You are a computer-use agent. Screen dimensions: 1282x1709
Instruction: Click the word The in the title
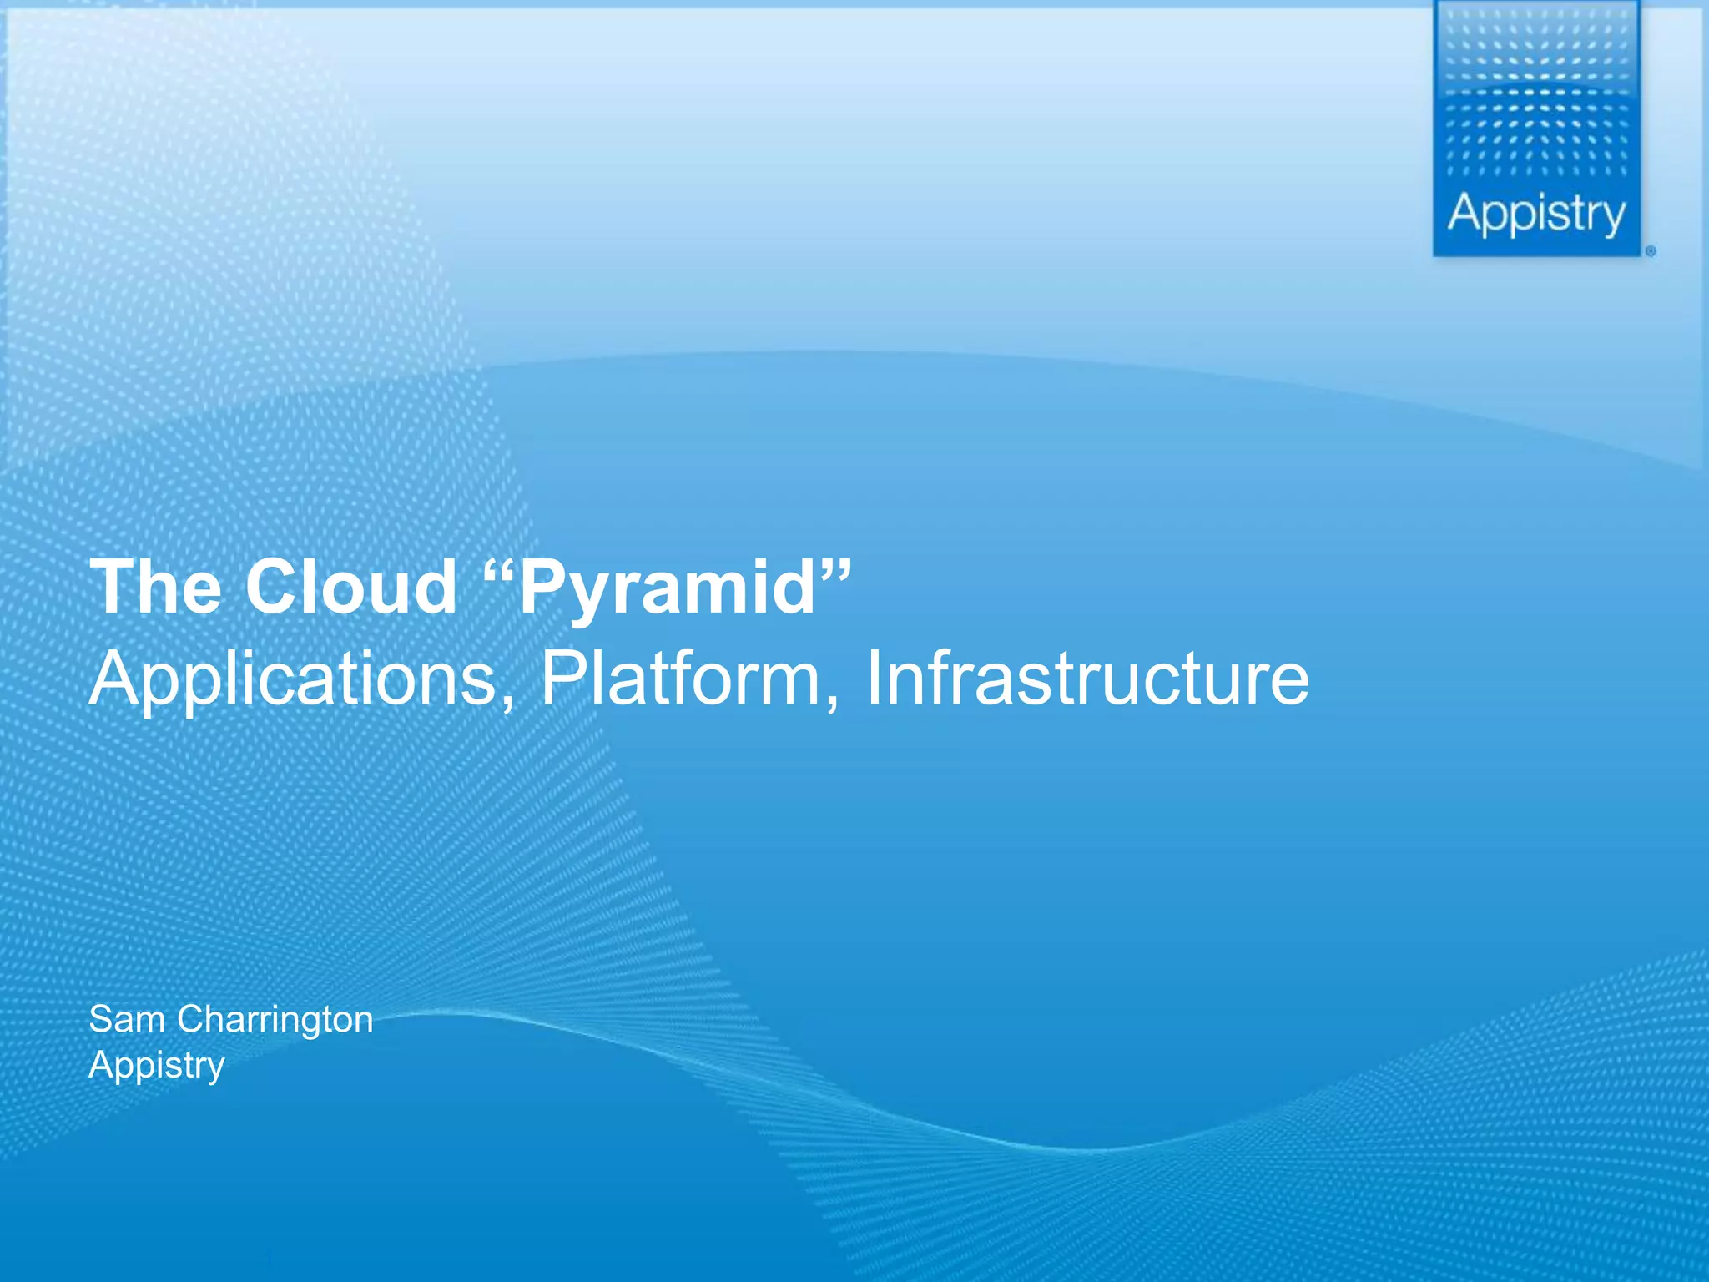click(156, 587)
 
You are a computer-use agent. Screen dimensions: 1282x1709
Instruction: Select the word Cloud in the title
click(351, 587)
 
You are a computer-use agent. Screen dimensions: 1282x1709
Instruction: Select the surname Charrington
click(275, 1020)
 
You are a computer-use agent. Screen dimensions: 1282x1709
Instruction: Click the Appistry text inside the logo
click(1536, 214)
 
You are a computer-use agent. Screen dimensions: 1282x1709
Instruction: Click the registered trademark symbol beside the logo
click(1651, 251)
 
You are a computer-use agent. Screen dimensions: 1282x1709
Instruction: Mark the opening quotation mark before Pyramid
click(499, 569)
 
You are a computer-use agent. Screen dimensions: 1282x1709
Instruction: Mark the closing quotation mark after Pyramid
click(836, 569)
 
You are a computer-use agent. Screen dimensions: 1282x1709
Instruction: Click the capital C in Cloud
click(272, 587)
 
